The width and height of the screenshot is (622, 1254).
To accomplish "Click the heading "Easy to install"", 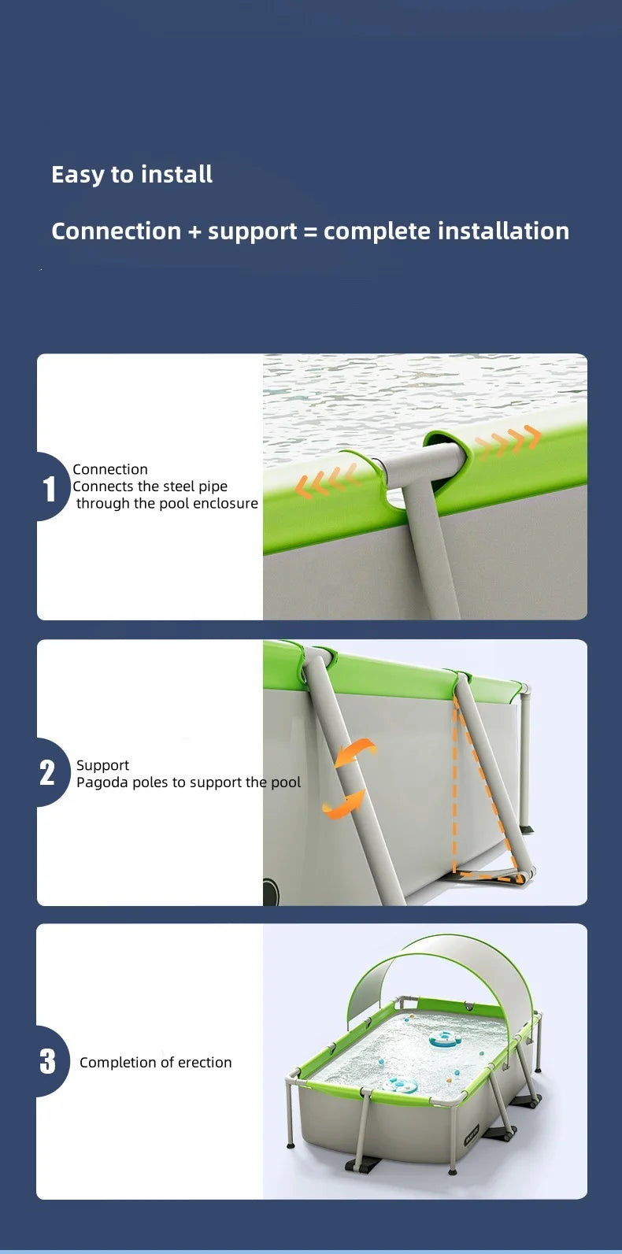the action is click(x=131, y=175).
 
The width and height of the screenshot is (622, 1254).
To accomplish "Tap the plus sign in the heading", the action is click(x=194, y=231).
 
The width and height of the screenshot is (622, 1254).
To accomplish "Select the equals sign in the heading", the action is click(x=310, y=231).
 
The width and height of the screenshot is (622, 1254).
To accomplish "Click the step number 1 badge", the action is click(x=50, y=488).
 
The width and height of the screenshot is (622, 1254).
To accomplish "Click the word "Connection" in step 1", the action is click(x=110, y=469).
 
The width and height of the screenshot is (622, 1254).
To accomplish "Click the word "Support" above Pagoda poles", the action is click(x=103, y=765).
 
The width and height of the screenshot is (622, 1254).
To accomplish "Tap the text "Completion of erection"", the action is click(x=156, y=1063).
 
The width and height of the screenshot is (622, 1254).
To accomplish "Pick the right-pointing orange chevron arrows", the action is click(x=508, y=440).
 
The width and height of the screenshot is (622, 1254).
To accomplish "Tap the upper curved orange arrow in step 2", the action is click(x=355, y=752).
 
